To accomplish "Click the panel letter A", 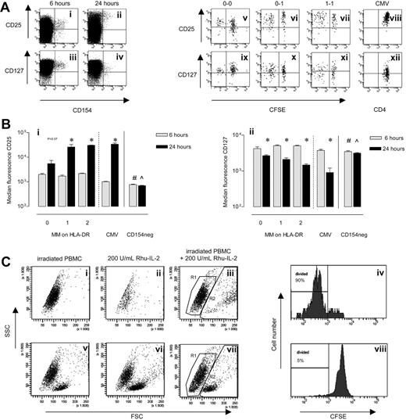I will [6, 6].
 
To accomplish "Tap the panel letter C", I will [6, 259].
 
